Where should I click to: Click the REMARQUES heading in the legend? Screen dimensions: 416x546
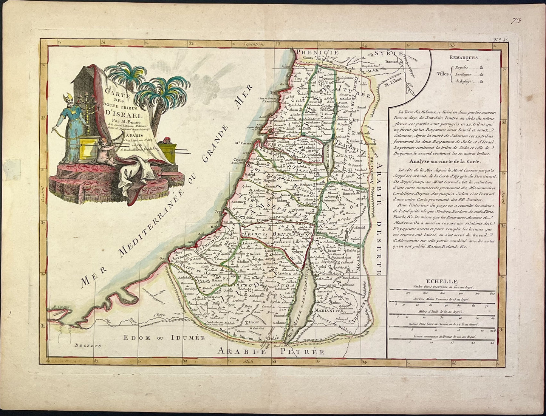click(463, 58)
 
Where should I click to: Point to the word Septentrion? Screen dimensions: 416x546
click(252, 44)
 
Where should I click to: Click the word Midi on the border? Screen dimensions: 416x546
click(248, 362)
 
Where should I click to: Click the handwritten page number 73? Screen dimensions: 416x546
click(524, 21)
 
